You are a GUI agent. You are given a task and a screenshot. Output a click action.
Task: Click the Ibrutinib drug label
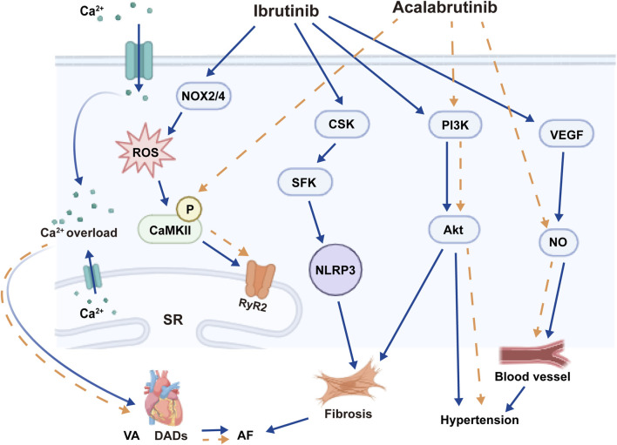point(286,11)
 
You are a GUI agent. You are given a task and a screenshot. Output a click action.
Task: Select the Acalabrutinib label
point(444,8)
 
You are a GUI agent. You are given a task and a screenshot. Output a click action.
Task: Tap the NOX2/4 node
point(203,96)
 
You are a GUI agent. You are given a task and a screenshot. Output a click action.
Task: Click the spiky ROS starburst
point(146,151)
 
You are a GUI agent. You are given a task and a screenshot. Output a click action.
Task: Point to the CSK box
point(342,124)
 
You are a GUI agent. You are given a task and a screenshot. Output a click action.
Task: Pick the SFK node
point(304,182)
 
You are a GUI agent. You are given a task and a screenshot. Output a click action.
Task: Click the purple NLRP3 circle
point(336,270)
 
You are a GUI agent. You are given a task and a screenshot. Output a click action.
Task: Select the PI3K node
point(455,125)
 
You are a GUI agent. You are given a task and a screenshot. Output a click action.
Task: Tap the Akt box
point(453,229)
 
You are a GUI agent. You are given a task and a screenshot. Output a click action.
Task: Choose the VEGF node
point(566,134)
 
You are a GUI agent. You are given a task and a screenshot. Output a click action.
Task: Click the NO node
point(558,242)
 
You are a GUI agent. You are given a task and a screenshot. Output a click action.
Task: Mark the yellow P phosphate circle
point(189,209)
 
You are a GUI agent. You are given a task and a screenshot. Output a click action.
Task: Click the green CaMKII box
point(170,229)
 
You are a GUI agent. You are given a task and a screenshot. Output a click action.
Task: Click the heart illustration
point(163,398)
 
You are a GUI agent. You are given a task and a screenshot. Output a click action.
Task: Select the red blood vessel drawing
point(533,353)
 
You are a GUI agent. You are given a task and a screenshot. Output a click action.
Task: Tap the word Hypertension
point(479,420)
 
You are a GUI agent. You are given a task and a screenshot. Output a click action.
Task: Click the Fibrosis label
point(348,414)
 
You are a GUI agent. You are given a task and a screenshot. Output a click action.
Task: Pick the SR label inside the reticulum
point(173,320)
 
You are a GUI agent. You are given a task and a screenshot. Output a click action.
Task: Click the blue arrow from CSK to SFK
point(326,153)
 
